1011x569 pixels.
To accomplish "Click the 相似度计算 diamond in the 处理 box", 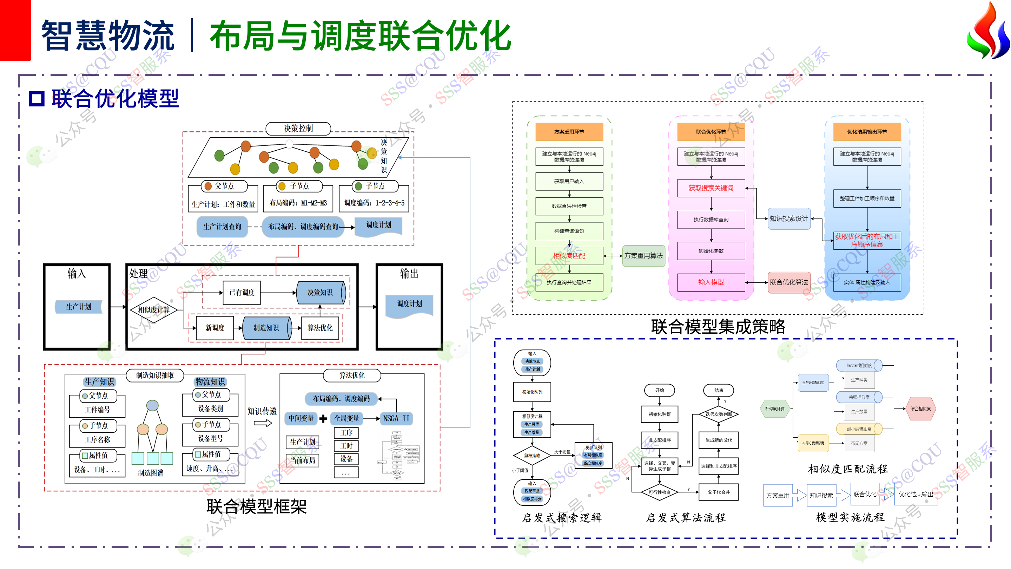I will [x=154, y=309].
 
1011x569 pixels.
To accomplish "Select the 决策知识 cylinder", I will [x=321, y=293].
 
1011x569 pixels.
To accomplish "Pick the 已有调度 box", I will [x=242, y=293].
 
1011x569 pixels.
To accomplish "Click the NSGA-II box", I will [x=396, y=419].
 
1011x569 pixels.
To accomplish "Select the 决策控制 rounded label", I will [x=298, y=129].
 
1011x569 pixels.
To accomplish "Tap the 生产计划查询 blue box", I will [x=222, y=227].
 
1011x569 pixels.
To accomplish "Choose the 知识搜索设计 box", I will [x=789, y=219].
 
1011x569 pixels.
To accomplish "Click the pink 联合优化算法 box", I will [x=789, y=282].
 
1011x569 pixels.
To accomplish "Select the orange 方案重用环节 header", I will [x=569, y=132].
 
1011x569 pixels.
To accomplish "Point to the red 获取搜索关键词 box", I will [x=711, y=188].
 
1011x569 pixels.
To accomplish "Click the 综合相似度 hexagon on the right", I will [x=920, y=409].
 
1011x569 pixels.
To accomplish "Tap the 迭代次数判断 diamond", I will [x=719, y=414].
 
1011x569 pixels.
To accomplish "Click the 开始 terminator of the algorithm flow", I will [x=659, y=390].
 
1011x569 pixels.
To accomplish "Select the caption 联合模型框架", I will [x=256, y=506].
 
